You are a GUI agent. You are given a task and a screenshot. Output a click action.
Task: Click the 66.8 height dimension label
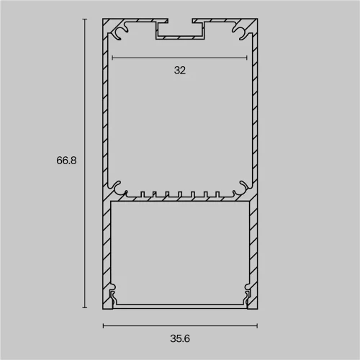coord(66,161)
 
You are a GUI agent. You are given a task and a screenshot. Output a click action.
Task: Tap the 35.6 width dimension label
coord(180,338)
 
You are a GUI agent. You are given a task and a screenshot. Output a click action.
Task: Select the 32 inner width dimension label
coord(180,71)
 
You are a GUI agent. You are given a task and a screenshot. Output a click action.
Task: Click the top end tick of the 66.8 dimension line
coord(84,19)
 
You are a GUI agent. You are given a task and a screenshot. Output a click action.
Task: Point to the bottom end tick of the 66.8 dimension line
coord(84,307)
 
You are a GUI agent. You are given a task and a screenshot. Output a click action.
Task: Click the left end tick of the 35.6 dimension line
coord(103,325)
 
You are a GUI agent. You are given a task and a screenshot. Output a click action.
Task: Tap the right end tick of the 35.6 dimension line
coord(257,325)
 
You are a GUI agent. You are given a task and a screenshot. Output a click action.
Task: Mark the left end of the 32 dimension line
coord(112,58)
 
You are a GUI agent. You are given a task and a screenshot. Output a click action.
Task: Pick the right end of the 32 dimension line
coord(247,58)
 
